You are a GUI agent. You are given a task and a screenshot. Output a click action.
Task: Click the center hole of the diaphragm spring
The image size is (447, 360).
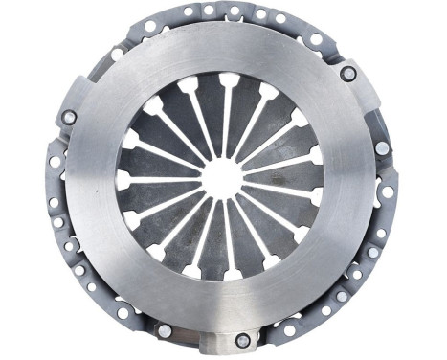click(222, 178)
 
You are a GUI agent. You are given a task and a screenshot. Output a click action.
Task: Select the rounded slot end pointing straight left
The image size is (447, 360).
click(123, 178)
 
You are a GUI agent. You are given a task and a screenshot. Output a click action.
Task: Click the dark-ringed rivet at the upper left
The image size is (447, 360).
click(69, 118)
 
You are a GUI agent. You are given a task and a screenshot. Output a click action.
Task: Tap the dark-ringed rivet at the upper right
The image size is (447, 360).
click(348, 73)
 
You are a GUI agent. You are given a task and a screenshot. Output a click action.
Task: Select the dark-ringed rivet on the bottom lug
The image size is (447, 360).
click(242, 340)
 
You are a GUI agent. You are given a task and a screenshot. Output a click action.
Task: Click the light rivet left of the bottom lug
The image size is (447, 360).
click(164, 330)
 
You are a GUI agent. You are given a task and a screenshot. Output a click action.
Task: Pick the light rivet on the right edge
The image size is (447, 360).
click(382, 148)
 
